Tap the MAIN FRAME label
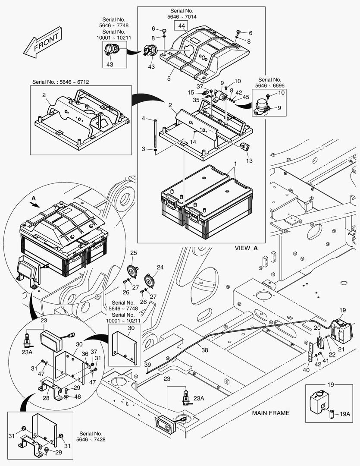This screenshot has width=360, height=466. point(271,413)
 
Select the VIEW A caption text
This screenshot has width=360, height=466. point(246,248)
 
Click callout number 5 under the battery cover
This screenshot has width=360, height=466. point(169,79)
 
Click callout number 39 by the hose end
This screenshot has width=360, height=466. point(148,365)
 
